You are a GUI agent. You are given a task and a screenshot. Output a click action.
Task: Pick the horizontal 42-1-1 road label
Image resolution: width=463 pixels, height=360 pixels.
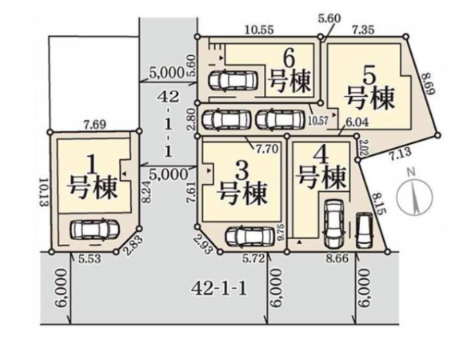coord(218,286)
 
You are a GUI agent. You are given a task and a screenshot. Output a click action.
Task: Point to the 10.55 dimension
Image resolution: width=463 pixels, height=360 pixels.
coord(259,30)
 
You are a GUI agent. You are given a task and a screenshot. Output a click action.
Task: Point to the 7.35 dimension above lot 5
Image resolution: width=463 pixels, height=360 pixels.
coord(365,30)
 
